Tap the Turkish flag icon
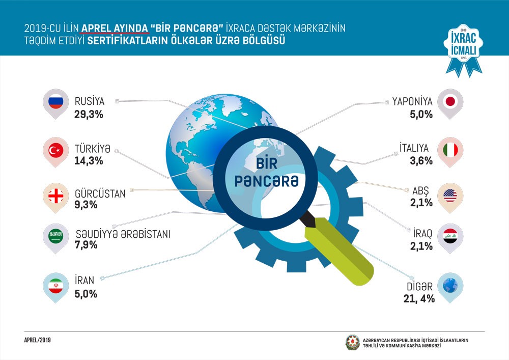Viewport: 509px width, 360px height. [54, 151]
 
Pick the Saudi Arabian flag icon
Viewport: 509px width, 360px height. [54, 236]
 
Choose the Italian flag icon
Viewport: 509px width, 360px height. [450, 150]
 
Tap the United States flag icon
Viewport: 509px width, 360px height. [450, 195]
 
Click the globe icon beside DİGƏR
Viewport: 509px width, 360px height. [450, 286]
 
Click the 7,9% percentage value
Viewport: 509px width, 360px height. [86, 245]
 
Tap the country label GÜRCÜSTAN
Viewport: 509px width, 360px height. [100, 194]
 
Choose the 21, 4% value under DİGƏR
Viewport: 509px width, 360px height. [418, 299]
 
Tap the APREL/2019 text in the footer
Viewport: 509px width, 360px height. [38, 340]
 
